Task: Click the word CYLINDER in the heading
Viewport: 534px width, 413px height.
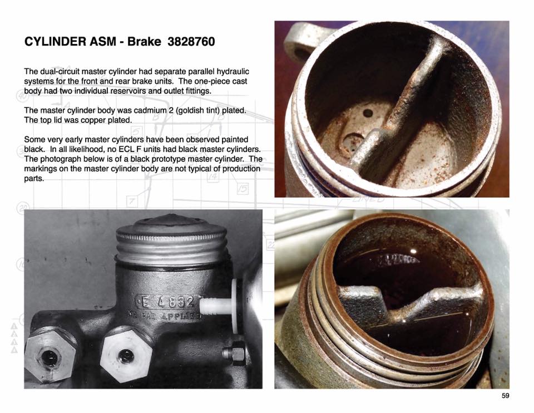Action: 55,42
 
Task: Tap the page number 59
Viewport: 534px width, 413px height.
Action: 506,396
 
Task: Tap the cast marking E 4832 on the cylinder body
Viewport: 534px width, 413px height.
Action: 167,301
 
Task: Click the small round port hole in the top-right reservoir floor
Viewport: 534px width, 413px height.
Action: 368,113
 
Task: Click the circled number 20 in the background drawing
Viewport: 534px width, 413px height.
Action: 24,208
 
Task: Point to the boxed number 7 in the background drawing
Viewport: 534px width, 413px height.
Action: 132,201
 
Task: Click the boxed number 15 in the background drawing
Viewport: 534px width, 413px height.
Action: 243,189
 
